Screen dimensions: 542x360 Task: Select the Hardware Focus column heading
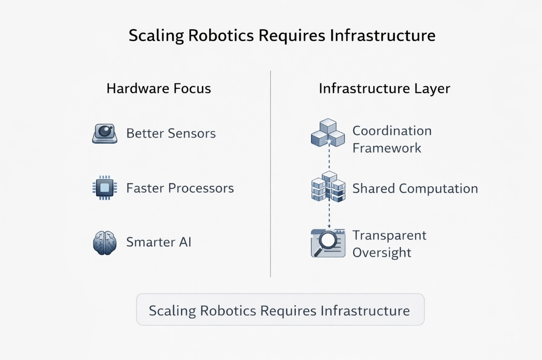[159, 89]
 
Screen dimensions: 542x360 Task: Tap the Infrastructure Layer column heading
[384, 89]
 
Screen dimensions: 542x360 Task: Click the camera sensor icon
[105, 134]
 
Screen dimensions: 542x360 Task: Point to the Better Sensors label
[171, 134]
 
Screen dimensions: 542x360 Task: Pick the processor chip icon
[104, 188]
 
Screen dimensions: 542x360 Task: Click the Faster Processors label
[180, 188]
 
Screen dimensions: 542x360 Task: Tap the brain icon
[104, 242]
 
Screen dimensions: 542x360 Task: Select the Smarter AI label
[159, 242]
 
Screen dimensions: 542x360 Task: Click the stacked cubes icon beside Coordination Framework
[328, 133]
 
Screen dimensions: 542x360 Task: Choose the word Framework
[386, 148]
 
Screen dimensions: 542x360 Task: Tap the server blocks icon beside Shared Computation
[328, 187]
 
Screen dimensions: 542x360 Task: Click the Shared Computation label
[415, 189]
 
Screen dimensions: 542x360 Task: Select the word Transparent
[389, 235]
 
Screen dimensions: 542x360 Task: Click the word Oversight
[381, 252]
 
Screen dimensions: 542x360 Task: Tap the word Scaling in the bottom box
[172, 310]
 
